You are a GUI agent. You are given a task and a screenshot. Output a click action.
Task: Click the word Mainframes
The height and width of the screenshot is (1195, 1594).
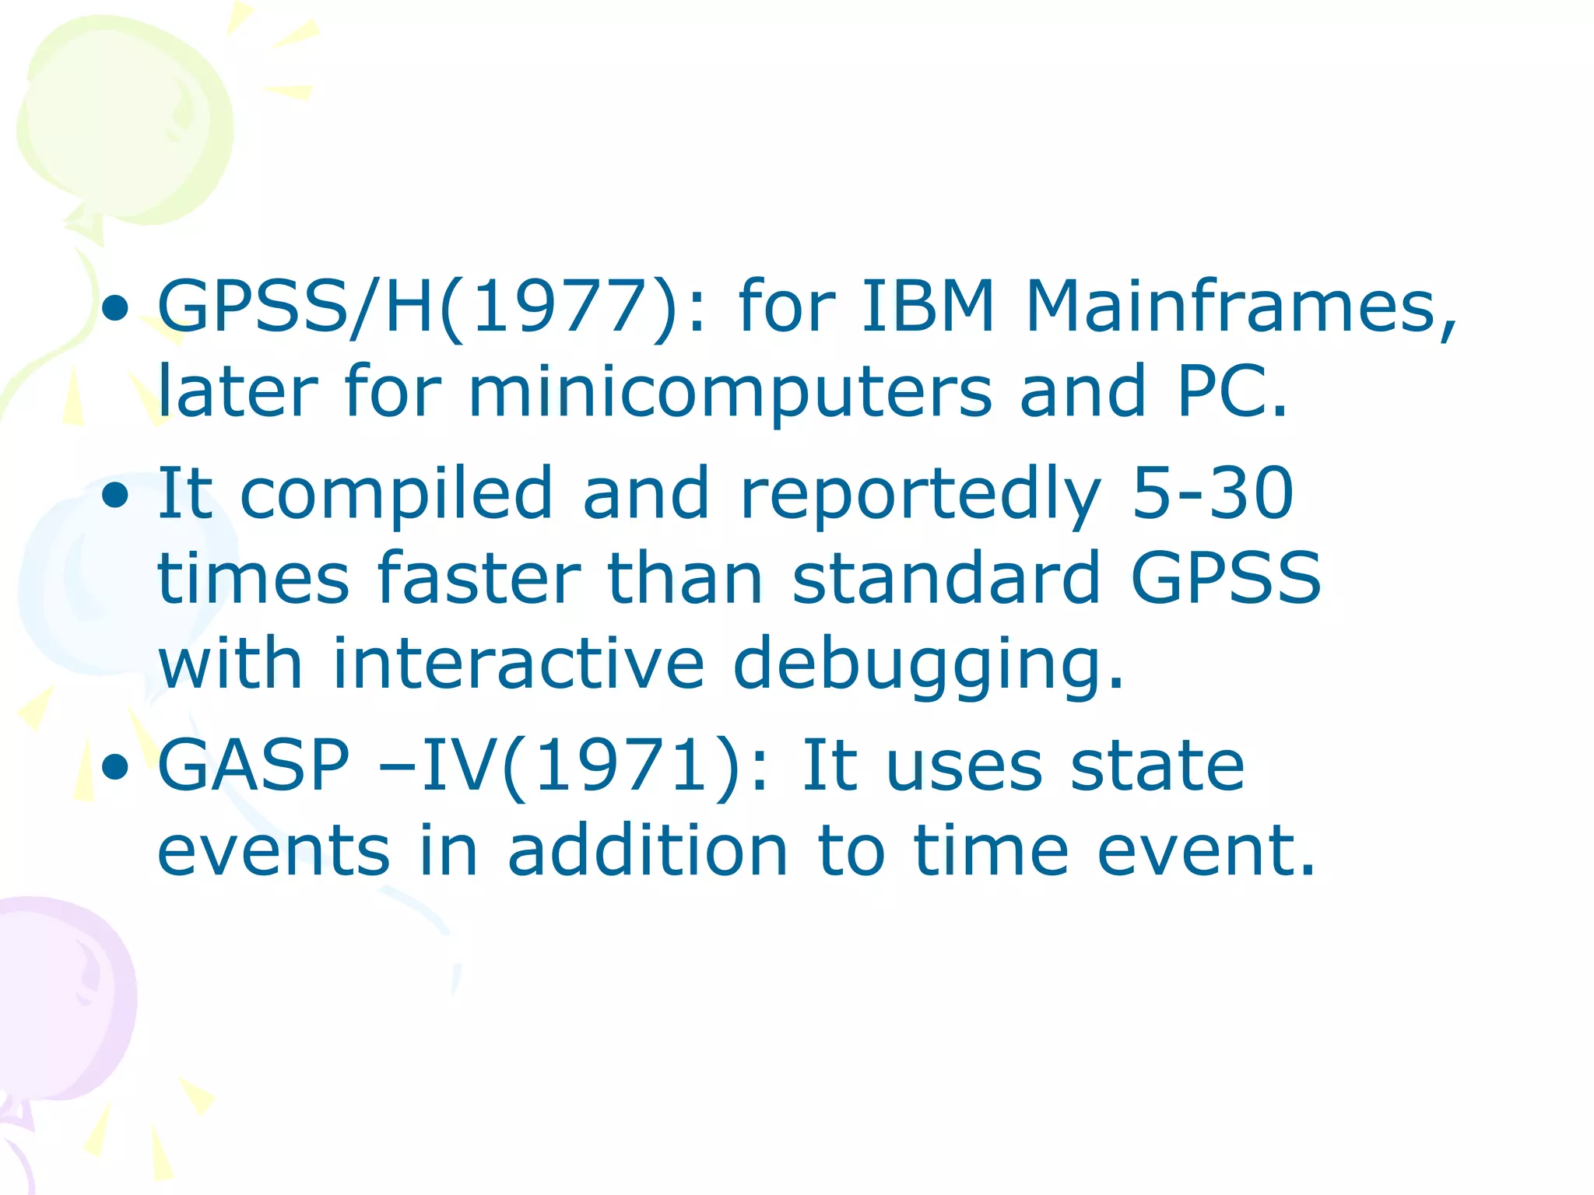click(x=1241, y=307)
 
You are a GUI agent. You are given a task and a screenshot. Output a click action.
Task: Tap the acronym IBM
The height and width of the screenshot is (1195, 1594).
click(x=929, y=307)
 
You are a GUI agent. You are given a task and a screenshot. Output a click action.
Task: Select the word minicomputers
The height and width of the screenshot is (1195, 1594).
click(x=730, y=391)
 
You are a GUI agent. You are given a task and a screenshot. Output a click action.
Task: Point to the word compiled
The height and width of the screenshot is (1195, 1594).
click(x=397, y=495)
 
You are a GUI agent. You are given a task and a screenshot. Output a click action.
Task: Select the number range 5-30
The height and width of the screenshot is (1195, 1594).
click(x=1213, y=493)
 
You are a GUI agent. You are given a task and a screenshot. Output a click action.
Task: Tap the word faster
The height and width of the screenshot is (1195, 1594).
click(x=479, y=579)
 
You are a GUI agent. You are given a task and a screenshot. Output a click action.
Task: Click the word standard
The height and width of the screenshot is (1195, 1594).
click(x=946, y=579)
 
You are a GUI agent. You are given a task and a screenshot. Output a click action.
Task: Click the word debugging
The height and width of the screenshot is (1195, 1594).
click(x=929, y=666)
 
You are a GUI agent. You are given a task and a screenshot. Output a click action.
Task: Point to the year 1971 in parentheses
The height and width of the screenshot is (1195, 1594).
click(x=622, y=766)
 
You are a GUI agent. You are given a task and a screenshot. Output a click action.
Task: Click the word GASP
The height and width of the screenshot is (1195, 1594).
click(x=255, y=766)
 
